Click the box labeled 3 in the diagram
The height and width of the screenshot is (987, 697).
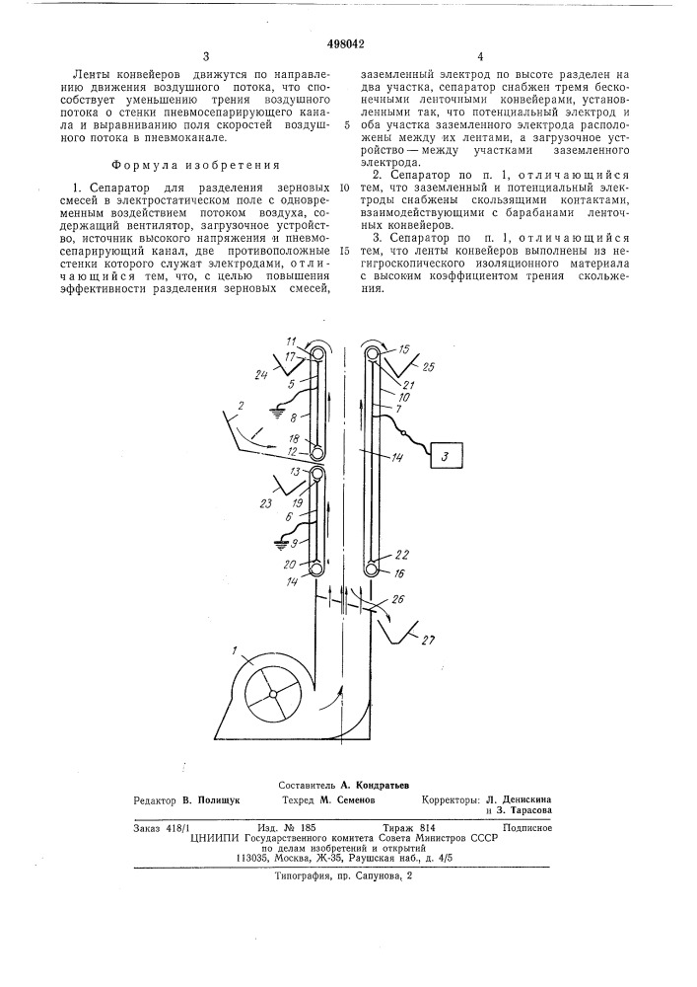tap(445, 457)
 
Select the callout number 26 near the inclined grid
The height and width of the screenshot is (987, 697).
tap(397, 598)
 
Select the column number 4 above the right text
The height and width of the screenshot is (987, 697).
tap(480, 57)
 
